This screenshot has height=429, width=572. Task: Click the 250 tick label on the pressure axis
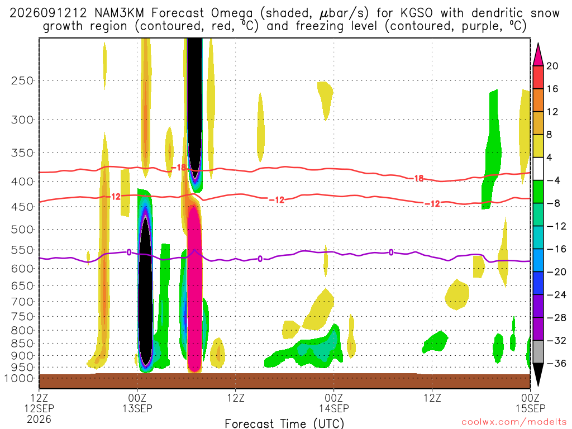click(x=22, y=80)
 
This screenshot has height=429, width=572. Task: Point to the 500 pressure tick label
click(x=22, y=230)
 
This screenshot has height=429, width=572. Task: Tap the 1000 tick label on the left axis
click(x=19, y=378)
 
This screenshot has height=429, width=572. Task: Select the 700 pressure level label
click(x=22, y=302)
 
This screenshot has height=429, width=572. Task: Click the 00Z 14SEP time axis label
click(x=334, y=403)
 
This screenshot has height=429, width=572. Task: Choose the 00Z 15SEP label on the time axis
click(x=530, y=403)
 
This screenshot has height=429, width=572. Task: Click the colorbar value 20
click(x=552, y=66)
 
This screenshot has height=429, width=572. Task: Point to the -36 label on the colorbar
click(x=556, y=363)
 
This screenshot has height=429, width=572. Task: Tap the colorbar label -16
click(x=556, y=249)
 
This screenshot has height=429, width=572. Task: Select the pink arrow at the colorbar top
click(x=538, y=55)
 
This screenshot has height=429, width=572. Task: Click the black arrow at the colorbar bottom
click(x=538, y=374)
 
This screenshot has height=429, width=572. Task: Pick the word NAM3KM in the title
click(x=120, y=13)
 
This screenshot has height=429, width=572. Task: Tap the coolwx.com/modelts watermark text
click(x=514, y=422)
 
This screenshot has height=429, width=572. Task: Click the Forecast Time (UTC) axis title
click(x=284, y=423)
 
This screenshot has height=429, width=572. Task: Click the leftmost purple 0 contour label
click(x=129, y=252)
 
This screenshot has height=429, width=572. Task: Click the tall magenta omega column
click(x=194, y=288)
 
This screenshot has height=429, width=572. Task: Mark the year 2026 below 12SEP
click(x=39, y=419)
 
